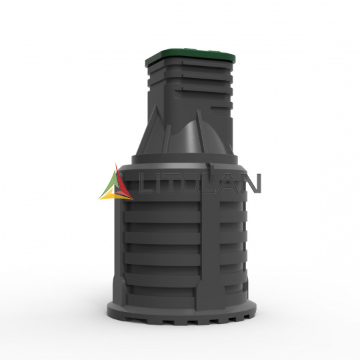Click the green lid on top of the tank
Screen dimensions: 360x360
coord(190,57)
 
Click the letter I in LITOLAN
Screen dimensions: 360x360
coord(155,184)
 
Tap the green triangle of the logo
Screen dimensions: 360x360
coord(110,184)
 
